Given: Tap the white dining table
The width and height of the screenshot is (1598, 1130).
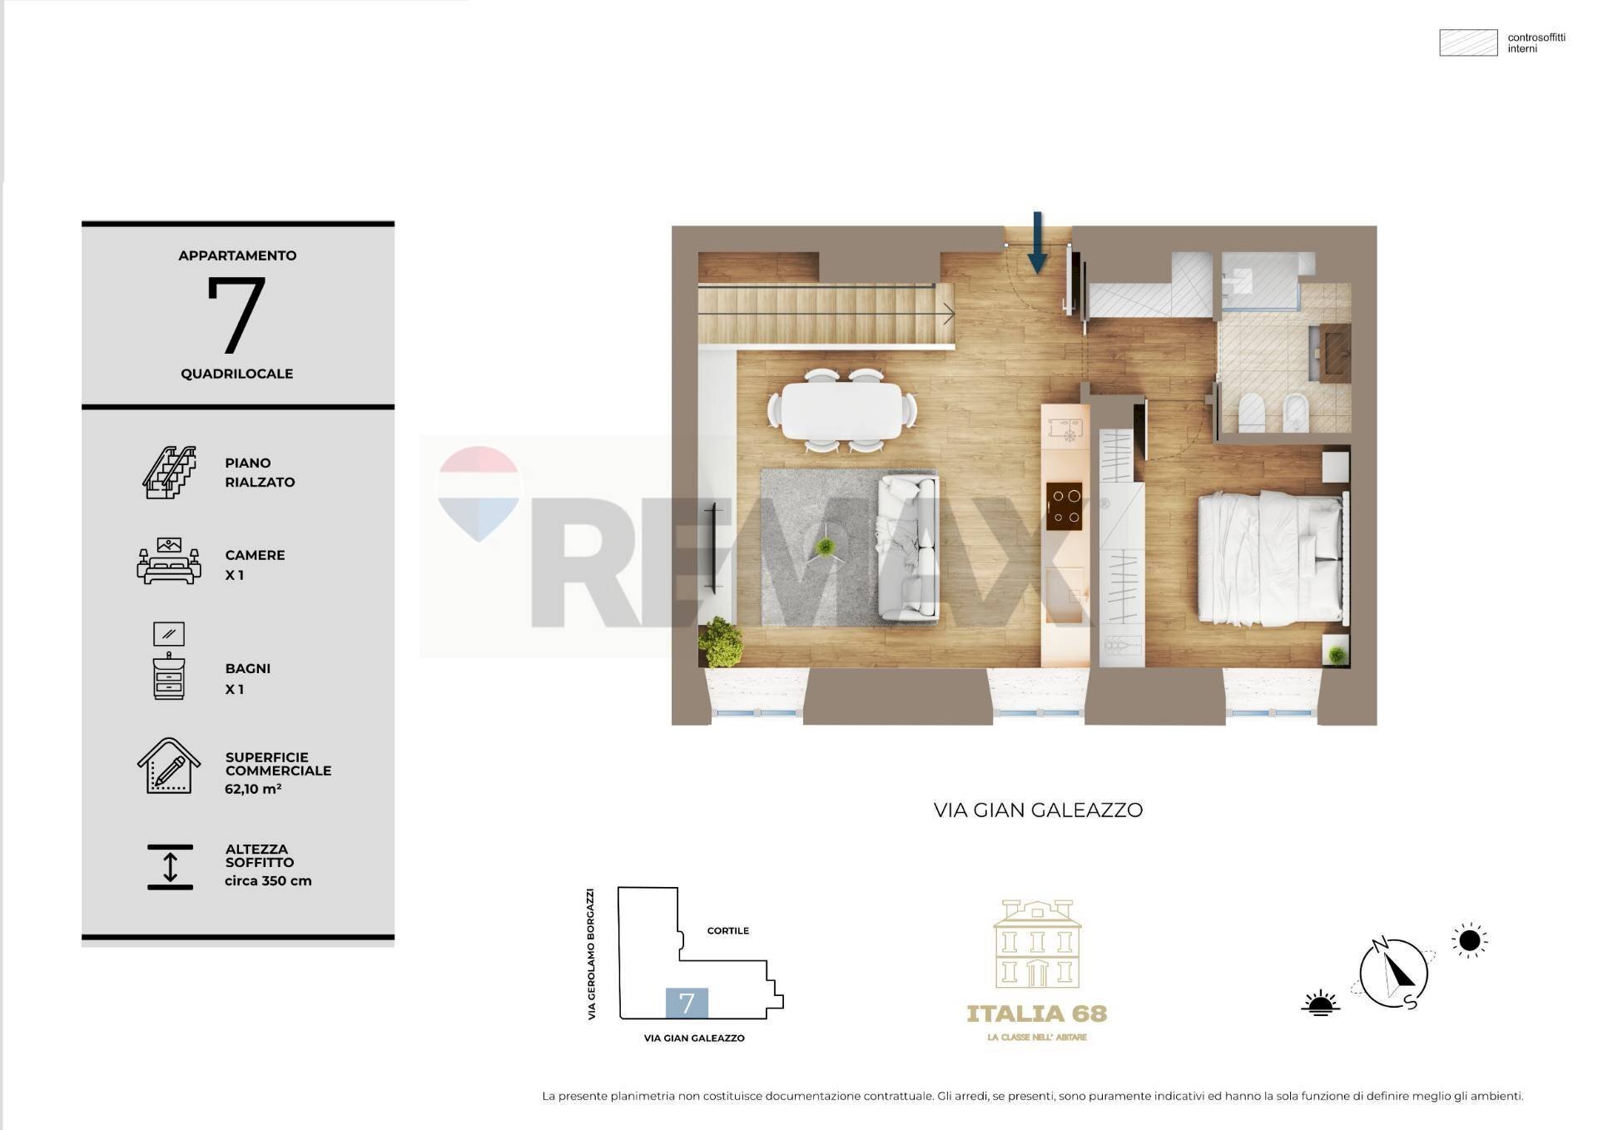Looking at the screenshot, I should [x=841, y=410].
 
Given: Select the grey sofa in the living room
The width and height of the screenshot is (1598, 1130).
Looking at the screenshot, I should [x=908, y=548].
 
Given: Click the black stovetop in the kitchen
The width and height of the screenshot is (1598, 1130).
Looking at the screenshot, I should [x=1065, y=506].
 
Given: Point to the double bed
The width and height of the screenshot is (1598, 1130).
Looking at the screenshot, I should [x=1269, y=558].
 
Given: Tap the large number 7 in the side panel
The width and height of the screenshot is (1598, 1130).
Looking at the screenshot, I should [x=236, y=314].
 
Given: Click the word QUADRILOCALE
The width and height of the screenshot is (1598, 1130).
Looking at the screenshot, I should [x=237, y=374].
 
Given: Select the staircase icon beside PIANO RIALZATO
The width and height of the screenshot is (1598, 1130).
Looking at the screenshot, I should [x=170, y=472].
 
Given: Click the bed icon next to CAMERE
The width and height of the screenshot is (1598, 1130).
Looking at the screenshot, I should [x=169, y=562].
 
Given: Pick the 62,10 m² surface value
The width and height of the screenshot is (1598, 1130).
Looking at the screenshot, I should [x=253, y=788].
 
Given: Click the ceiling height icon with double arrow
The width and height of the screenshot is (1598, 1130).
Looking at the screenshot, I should [x=170, y=867].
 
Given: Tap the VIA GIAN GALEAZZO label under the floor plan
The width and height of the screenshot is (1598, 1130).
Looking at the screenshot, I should [x=1038, y=810].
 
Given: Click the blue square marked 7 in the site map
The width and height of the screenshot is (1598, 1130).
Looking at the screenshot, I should [x=687, y=1003].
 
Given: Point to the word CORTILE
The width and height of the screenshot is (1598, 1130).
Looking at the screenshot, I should [x=728, y=930].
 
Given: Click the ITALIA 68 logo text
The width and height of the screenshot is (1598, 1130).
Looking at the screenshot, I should [x=1037, y=1014].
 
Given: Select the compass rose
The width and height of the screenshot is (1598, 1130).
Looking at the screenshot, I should [x=1392, y=972].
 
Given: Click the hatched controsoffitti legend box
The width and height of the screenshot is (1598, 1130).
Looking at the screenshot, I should [x=1468, y=42].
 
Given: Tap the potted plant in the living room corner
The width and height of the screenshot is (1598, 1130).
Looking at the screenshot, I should [x=721, y=642].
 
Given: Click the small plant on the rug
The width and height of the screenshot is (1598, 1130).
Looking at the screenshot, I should [x=825, y=547].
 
